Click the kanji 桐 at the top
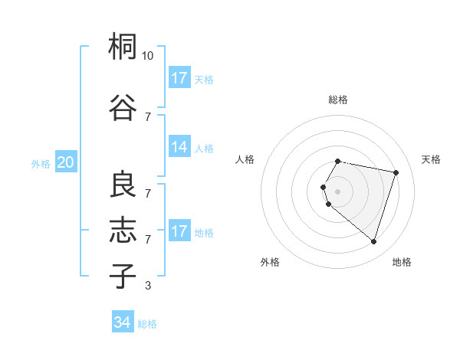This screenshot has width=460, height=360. pos(123,47)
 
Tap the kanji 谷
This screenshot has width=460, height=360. pos(123,107)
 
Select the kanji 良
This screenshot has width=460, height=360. pos(123,185)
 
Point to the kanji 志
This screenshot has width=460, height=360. pos(123,230)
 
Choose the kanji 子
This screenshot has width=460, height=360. pos(123,276)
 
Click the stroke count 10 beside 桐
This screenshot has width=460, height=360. pos(148,56)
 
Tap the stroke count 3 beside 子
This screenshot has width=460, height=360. pos(147,286)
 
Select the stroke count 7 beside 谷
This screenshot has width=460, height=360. pos(147,116)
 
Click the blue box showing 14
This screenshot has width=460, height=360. pos(179,147)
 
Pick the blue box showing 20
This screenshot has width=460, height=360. pos(65,162)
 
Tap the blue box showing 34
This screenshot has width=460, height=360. pos(122,323)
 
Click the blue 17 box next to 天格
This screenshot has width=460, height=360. pos(179,78)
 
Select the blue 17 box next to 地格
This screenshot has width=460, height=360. pos(179,231)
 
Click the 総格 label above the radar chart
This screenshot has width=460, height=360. pos(338,100)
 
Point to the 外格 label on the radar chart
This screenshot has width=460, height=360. pos(270,262)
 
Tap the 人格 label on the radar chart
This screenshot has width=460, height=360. pos(245,159)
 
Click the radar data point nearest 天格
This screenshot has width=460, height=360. pos(396,172)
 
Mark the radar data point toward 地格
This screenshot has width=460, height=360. pos(373,242)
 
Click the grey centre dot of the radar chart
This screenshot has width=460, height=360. pos(338,191)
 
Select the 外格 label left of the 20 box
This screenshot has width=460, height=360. pos(41,163)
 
